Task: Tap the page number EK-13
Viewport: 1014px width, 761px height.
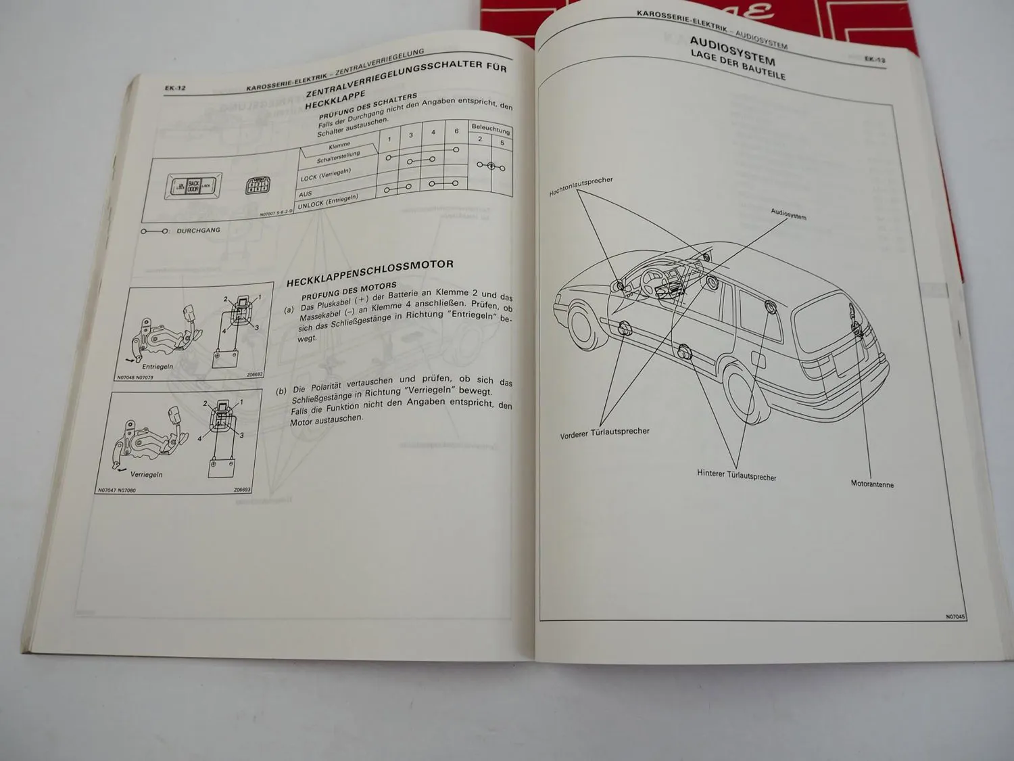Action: click(x=875, y=60)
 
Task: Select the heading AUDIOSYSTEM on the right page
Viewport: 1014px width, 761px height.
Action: click(x=732, y=51)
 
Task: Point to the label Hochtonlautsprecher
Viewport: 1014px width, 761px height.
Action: click(x=581, y=187)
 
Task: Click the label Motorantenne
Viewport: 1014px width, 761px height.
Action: click(x=872, y=484)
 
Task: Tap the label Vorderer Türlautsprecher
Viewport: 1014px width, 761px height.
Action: click(x=604, y=433)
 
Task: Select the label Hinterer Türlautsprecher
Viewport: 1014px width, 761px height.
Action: click(x=737, y=476)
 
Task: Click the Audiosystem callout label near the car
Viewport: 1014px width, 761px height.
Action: click(x=788, y=214)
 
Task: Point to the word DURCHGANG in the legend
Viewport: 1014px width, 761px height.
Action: click(x=198, y=231)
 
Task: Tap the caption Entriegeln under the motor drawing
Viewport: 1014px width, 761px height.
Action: click(x=158, y=367)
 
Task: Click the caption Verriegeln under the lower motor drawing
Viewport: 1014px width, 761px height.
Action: click(x=147, y=474)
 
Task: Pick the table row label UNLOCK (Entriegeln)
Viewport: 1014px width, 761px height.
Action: click(x=328, y=201)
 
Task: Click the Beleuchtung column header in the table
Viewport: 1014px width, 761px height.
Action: click(x=491, y=128)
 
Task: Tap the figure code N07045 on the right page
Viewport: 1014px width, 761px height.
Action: click(x=956, y=616)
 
